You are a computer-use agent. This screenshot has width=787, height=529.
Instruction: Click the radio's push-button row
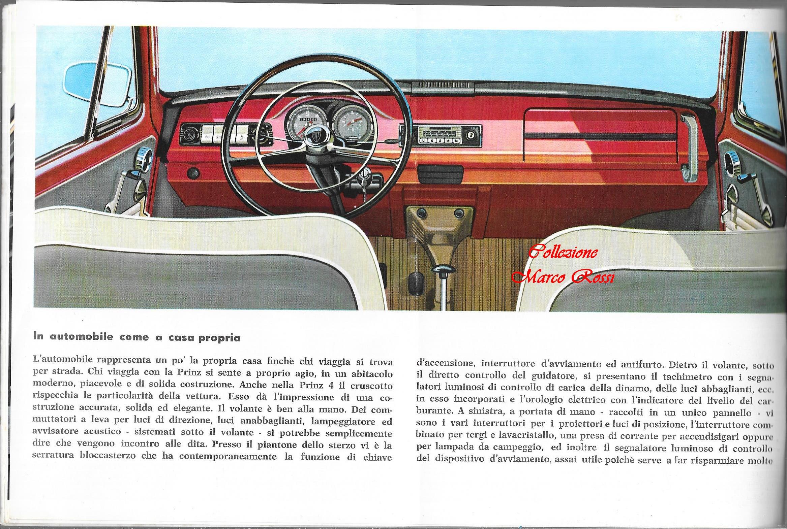click(x=437, y=140)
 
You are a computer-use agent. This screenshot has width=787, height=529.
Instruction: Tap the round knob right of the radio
click(x=469, y=135)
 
